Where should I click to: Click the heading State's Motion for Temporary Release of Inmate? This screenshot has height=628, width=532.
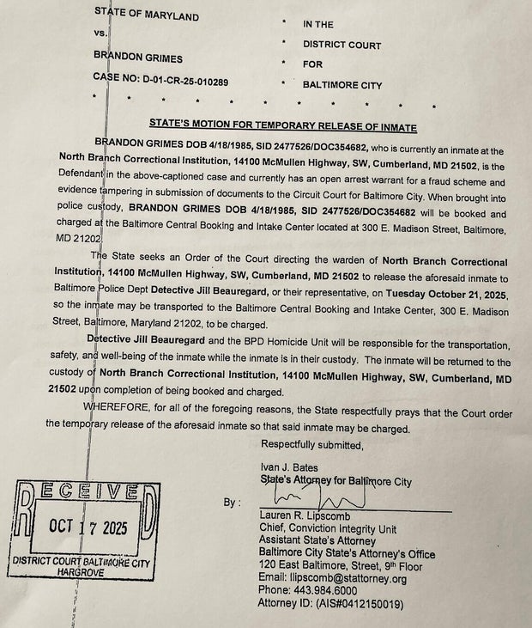pyautogui.click(x=283, y=126)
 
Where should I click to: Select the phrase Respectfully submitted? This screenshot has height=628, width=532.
pyautogui.click(x=312, y=444)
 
